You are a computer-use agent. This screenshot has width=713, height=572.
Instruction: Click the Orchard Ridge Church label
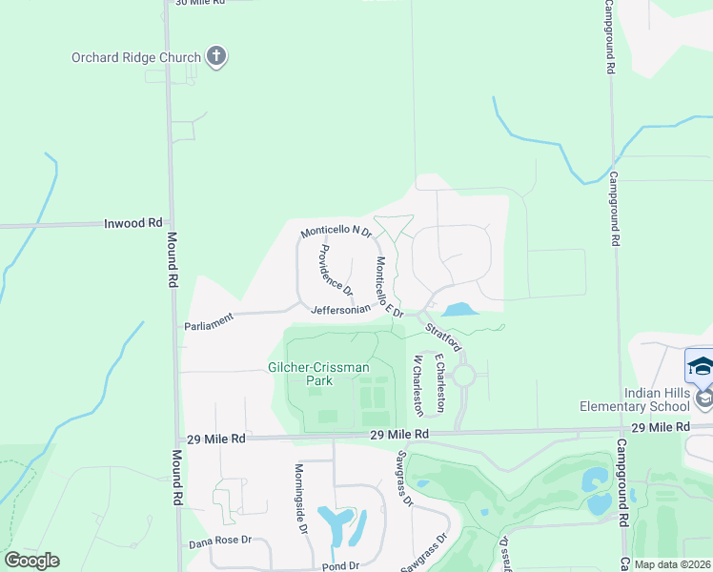pos(136,57)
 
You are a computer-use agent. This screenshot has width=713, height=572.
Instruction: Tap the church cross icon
pos(216,57)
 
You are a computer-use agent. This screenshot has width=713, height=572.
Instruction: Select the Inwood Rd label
pos(133,223)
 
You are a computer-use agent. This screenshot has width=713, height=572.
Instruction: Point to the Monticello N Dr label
pos(336,231)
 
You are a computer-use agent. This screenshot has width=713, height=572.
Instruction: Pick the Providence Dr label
pos(336,269)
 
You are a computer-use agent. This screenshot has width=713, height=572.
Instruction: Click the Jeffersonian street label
pos(340,310)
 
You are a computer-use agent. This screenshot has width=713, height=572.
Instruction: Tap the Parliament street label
pos(209,324)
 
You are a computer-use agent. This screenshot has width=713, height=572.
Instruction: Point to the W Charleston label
pos(418,385)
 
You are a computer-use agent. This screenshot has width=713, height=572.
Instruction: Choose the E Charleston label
pos(439,382)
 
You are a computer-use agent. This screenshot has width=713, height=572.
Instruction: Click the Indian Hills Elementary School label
pos(642,399)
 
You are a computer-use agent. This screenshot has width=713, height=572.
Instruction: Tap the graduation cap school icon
pos(701,366)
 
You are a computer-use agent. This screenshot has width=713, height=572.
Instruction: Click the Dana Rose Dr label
pos(221,540)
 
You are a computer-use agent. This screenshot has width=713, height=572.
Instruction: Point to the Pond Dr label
pos(338,565)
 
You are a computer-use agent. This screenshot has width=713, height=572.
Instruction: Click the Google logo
pos(31,561)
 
